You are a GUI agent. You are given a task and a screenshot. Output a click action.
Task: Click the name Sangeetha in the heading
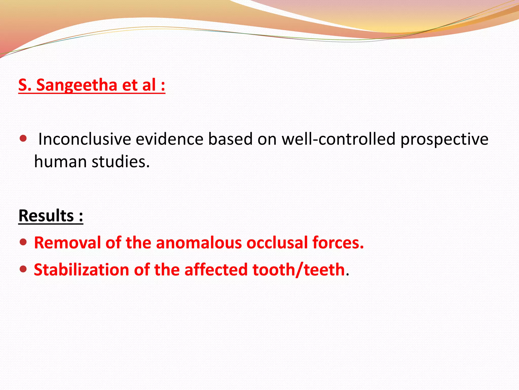77,85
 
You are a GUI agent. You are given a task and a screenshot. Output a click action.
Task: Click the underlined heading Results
46,216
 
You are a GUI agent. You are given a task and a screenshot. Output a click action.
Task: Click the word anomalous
199,242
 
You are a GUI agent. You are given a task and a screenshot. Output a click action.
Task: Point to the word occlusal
277,242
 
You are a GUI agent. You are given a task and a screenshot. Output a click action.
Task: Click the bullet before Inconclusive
23,139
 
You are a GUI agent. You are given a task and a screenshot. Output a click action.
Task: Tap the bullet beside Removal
23,242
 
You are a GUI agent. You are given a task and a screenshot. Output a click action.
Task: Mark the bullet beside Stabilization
23,269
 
